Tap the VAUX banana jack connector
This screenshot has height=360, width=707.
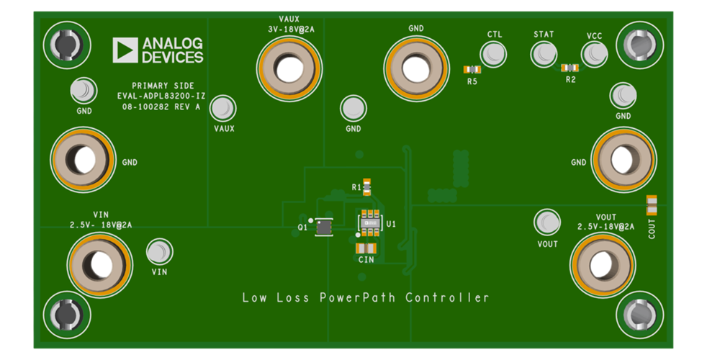click(x=289, y=69)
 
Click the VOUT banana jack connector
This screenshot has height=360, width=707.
click(x=603, y=263)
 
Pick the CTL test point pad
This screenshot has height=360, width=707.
click(x=494, y=54)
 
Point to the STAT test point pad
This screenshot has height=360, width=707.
click(x=544, y=54)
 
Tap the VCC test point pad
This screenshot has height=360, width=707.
click(x=594, y=54)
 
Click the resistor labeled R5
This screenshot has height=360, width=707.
click(x=472, y=70)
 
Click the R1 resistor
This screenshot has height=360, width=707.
click(x=367, y=187)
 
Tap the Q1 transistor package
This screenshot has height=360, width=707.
click(x=325, y=227)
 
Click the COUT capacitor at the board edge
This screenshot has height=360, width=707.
click(x=652, y=205)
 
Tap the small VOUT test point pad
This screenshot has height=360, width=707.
click(x=548, y=222)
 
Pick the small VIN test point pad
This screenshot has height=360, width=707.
click(x=159, y=253)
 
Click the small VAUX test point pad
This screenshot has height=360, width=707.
click(x=223, y=109)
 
